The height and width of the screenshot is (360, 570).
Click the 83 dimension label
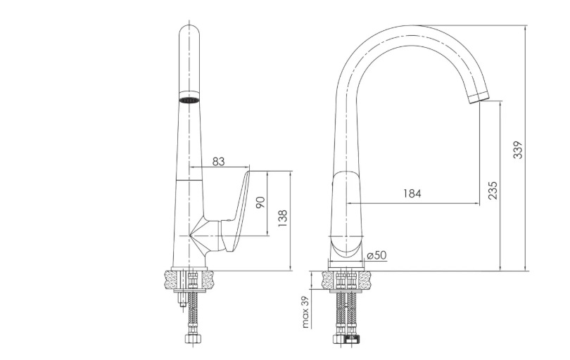218,161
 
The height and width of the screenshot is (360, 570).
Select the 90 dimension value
261,202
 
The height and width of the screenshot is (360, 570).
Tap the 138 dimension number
283,219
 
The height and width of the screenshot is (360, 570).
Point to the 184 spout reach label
412,193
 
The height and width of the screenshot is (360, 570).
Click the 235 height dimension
493,190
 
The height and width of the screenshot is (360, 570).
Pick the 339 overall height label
518,149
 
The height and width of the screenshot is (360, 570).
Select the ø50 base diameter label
376,255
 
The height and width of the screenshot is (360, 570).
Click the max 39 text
305,311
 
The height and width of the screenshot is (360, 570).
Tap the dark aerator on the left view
189,100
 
